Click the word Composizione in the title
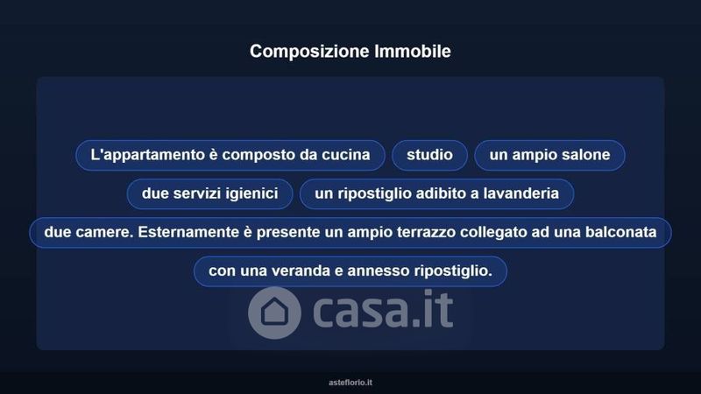coord(309,52)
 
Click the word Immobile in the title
coord(413,51)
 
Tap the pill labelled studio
coord(429,155)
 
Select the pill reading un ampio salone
coord(549,155)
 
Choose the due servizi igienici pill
coord(209,193)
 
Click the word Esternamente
coord(188,232)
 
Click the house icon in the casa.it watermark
coord(274,313)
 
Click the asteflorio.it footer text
coord(350,383)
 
